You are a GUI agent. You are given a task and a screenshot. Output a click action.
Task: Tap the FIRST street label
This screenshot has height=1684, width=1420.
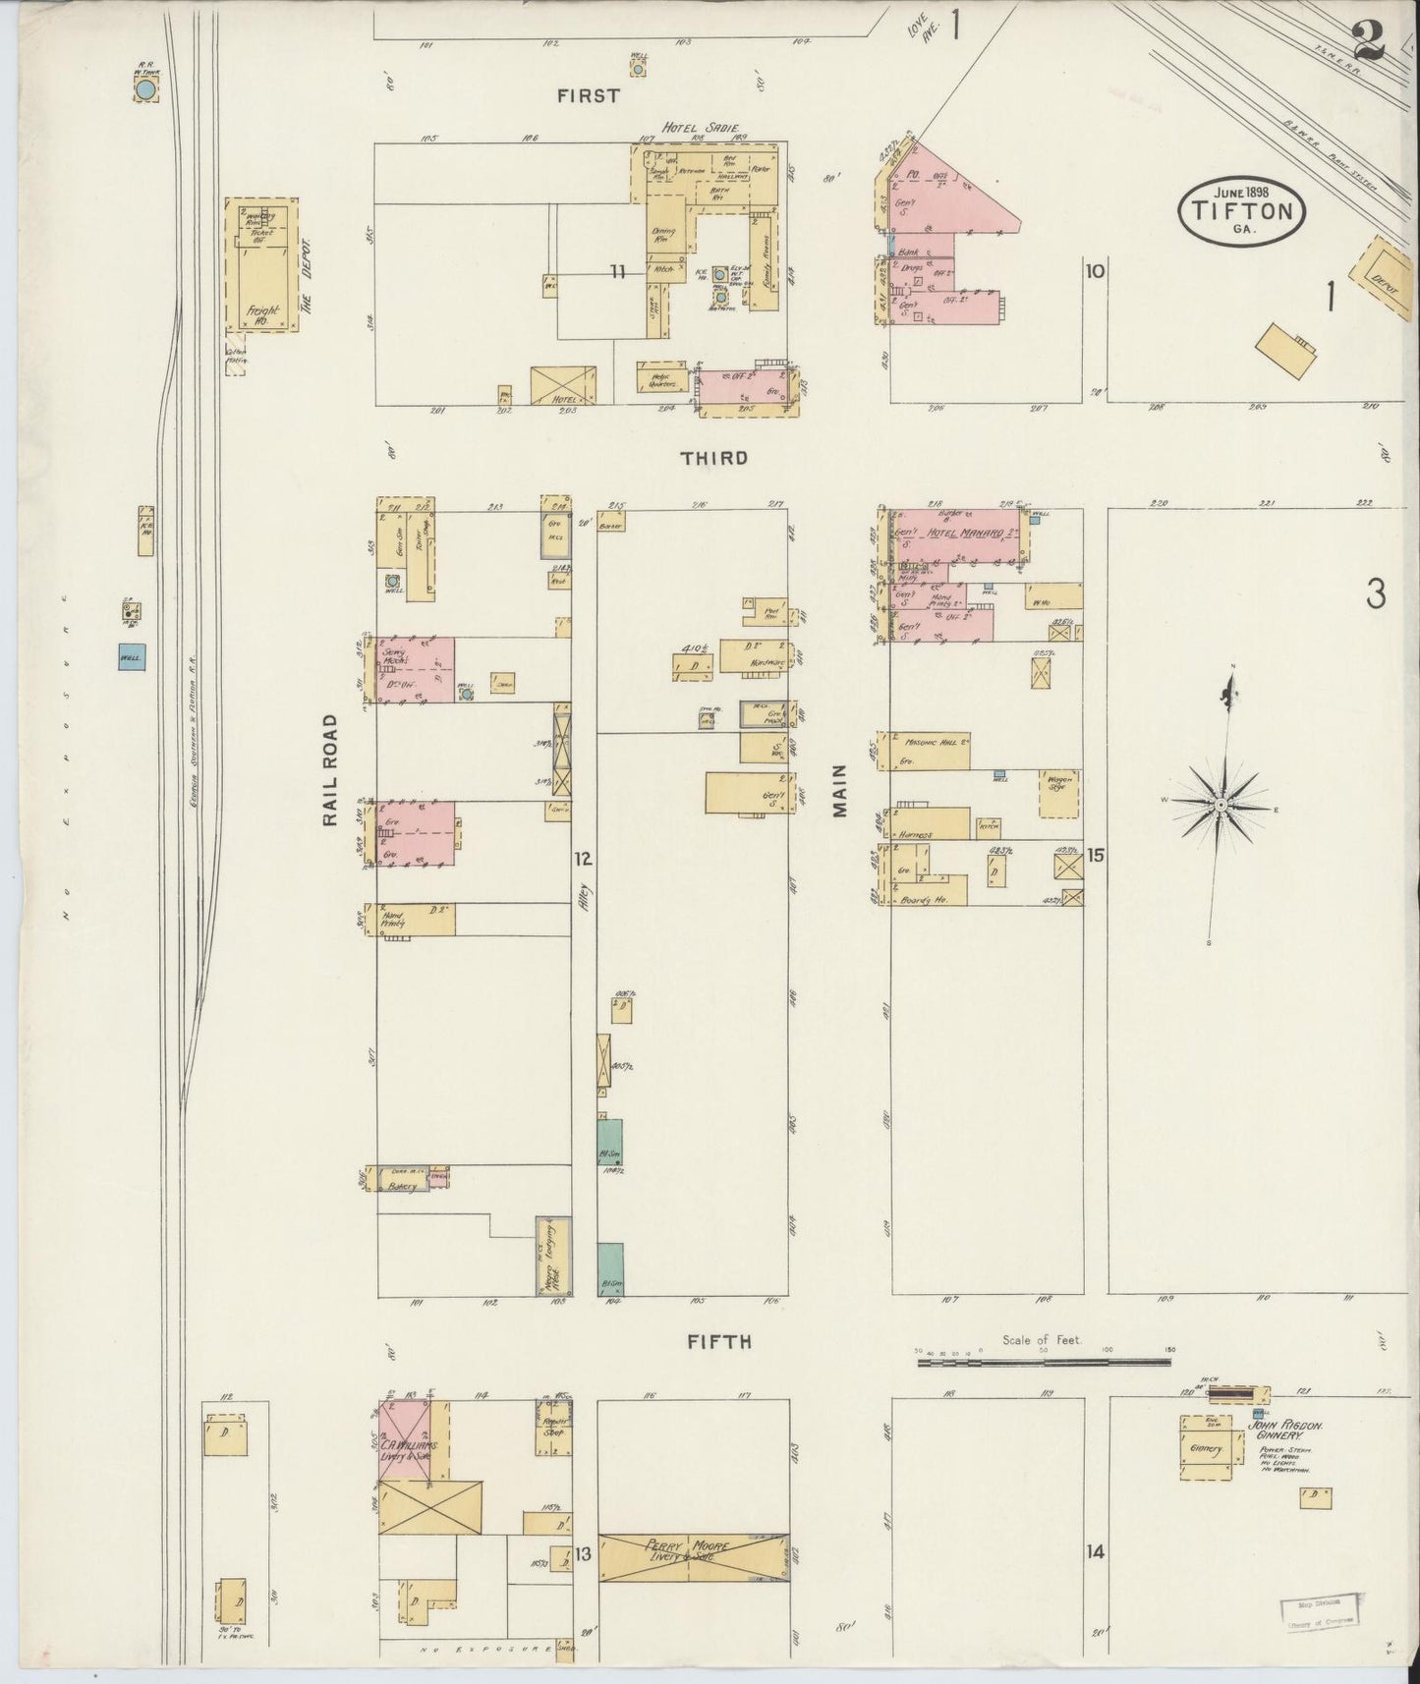[589, 95]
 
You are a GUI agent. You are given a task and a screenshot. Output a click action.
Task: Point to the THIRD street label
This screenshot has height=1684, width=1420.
[714, 458]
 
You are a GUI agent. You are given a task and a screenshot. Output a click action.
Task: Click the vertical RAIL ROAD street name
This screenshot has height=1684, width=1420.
[330, 770]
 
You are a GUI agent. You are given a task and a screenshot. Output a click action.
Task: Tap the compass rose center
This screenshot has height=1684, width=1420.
[1220, 805]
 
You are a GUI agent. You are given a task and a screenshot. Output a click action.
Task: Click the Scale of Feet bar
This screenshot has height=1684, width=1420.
[1043, 1363]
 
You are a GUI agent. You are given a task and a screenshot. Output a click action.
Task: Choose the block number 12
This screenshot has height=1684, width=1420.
[584, 860]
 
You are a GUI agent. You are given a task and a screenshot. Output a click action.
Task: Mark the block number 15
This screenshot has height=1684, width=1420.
[1095, 856]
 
